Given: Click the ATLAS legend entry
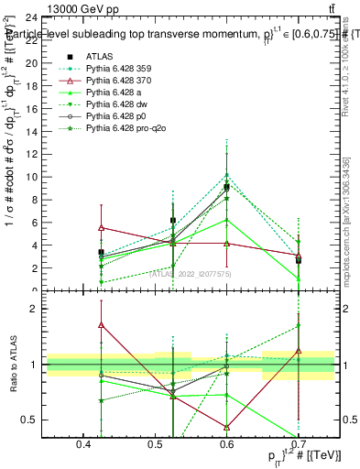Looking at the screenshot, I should point(99,56).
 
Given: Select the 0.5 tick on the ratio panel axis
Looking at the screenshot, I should point(28,420).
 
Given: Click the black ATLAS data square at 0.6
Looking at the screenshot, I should point(227,187).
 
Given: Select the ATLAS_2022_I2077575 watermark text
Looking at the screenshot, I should point(191,273).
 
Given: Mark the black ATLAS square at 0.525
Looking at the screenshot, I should point(173,220).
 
